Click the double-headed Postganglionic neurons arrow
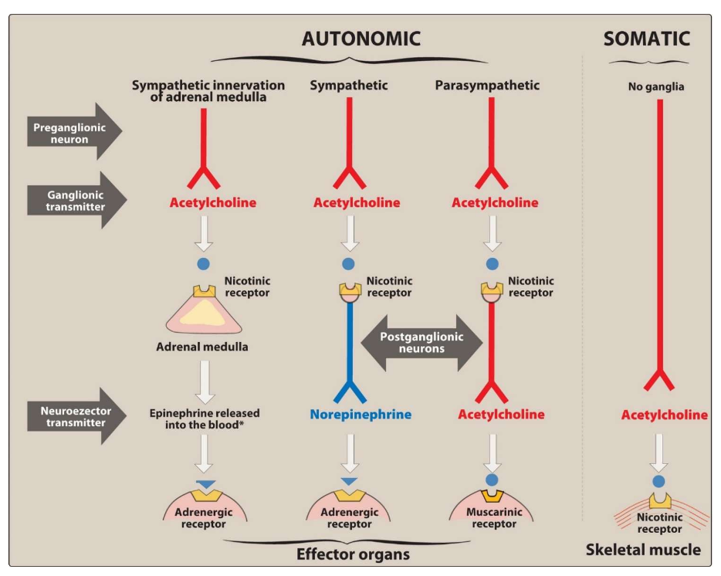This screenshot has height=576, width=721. pos(420,343)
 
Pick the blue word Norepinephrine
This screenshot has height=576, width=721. pos(360,415)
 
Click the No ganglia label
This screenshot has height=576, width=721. pos(656,87)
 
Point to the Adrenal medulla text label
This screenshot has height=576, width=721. pos(202,347)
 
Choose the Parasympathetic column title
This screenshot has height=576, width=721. pos(486,85)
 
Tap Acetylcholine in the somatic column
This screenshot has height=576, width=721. pos(664,415)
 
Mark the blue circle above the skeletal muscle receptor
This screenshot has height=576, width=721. pos(658,481)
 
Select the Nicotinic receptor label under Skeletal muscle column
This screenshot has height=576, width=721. pos(660,523)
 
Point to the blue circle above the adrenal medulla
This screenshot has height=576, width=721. pos(204,264)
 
